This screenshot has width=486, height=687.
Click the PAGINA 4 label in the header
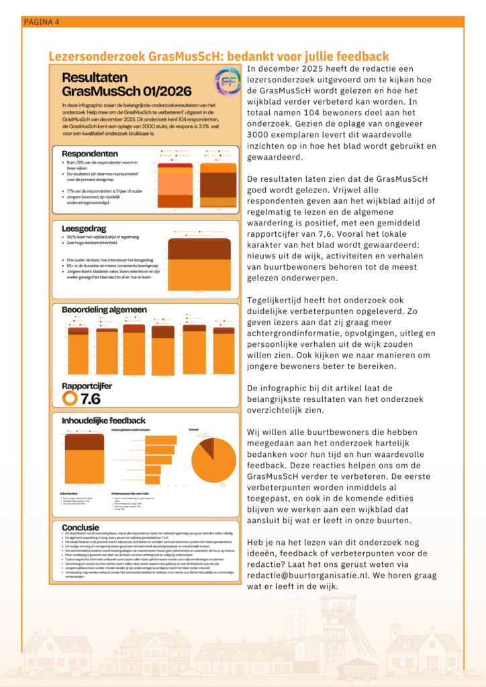tap(42, 22)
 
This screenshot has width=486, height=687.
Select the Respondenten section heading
tap(90, 154)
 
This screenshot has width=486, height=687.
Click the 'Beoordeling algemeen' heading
tap(104, 309)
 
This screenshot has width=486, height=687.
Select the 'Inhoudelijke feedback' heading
tap(103, 421)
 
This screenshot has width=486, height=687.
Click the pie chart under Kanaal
tap(215, 460)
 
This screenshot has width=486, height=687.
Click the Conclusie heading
tap(81, 527)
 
